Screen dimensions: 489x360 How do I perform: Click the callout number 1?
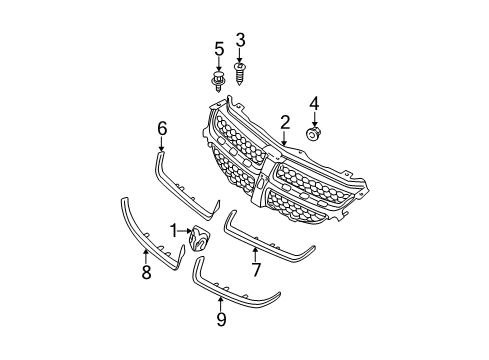tap(173, 231)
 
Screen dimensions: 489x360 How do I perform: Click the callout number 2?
tap(285, 123)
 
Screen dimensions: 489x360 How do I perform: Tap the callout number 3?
tap(240, 41)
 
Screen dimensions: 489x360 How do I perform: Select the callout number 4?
tap(314, 104)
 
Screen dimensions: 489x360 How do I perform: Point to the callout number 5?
tap(218, 48)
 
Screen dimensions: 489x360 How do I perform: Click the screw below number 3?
tap(240, 72)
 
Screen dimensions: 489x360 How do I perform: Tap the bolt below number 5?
tap(218, 79)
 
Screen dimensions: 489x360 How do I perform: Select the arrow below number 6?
tap(162, 142)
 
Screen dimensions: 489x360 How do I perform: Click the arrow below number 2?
tap(285, 139)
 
